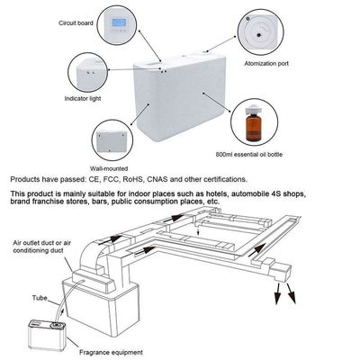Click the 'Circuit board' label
[76, 22]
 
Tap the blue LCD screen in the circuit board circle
[118, 22]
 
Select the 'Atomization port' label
[266, 64]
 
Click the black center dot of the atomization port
[258, 35]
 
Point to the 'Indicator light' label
[83, 98]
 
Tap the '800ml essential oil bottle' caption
[249, 155]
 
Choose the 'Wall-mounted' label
[109, 168]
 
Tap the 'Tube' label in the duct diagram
[40, 298]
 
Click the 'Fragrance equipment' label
[111, 352]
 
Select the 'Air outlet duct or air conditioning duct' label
[41, 247]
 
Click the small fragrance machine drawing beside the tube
[47, 335]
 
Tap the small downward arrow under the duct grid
[198, 232]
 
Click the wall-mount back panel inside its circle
[112, 141]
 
